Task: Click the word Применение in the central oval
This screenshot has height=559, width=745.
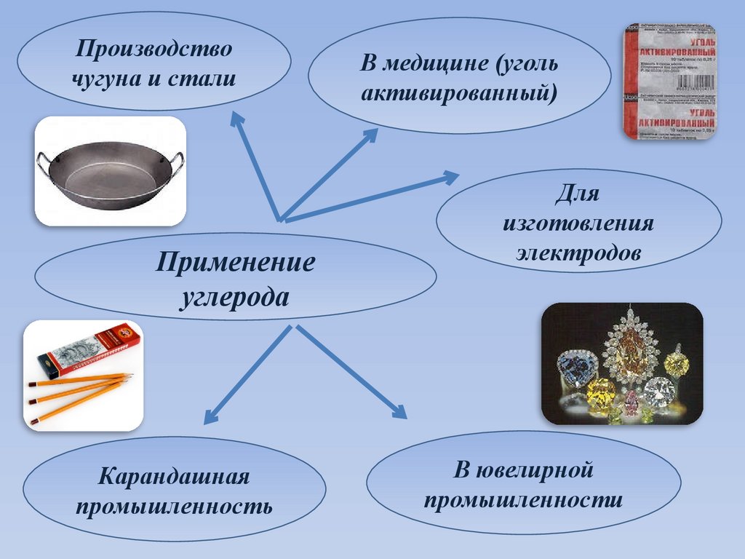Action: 235,262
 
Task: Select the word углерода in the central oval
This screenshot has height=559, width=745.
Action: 235,297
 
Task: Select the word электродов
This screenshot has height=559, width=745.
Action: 578,253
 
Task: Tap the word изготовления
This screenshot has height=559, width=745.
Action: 578,223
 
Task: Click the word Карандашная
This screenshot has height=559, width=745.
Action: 174,477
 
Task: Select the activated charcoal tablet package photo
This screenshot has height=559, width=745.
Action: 669,81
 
